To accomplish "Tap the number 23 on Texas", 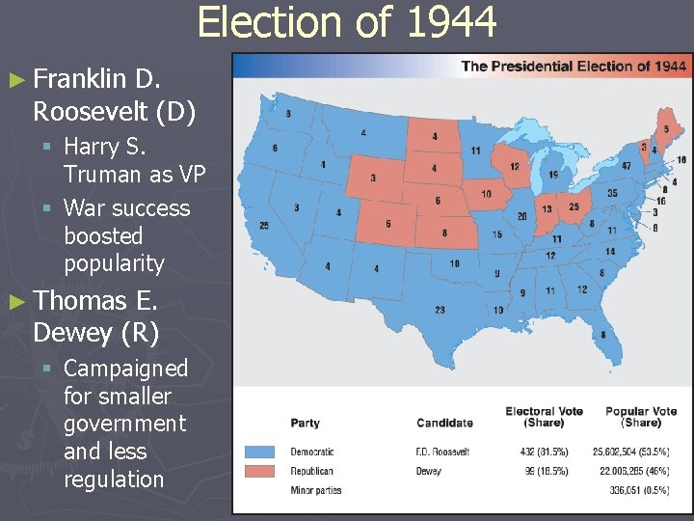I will [x=440, y=310].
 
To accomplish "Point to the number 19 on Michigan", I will [x=552, y=175].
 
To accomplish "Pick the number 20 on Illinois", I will [x=521, y=216].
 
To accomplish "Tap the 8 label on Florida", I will [x=603, y=334].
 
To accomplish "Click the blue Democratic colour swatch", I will [x=260, y=452].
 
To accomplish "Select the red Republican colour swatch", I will [x=260, y=471].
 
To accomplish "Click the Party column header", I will [x=305, y=423].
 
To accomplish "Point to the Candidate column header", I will [x=444, y=423].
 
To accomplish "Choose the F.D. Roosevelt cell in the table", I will [x=442, y=452].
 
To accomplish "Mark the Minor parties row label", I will [x=316, y=490].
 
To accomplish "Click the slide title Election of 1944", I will [x=347, y=21].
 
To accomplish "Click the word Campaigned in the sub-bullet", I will [x=126, y=368].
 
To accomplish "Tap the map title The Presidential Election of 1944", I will [x=574, y=66].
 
